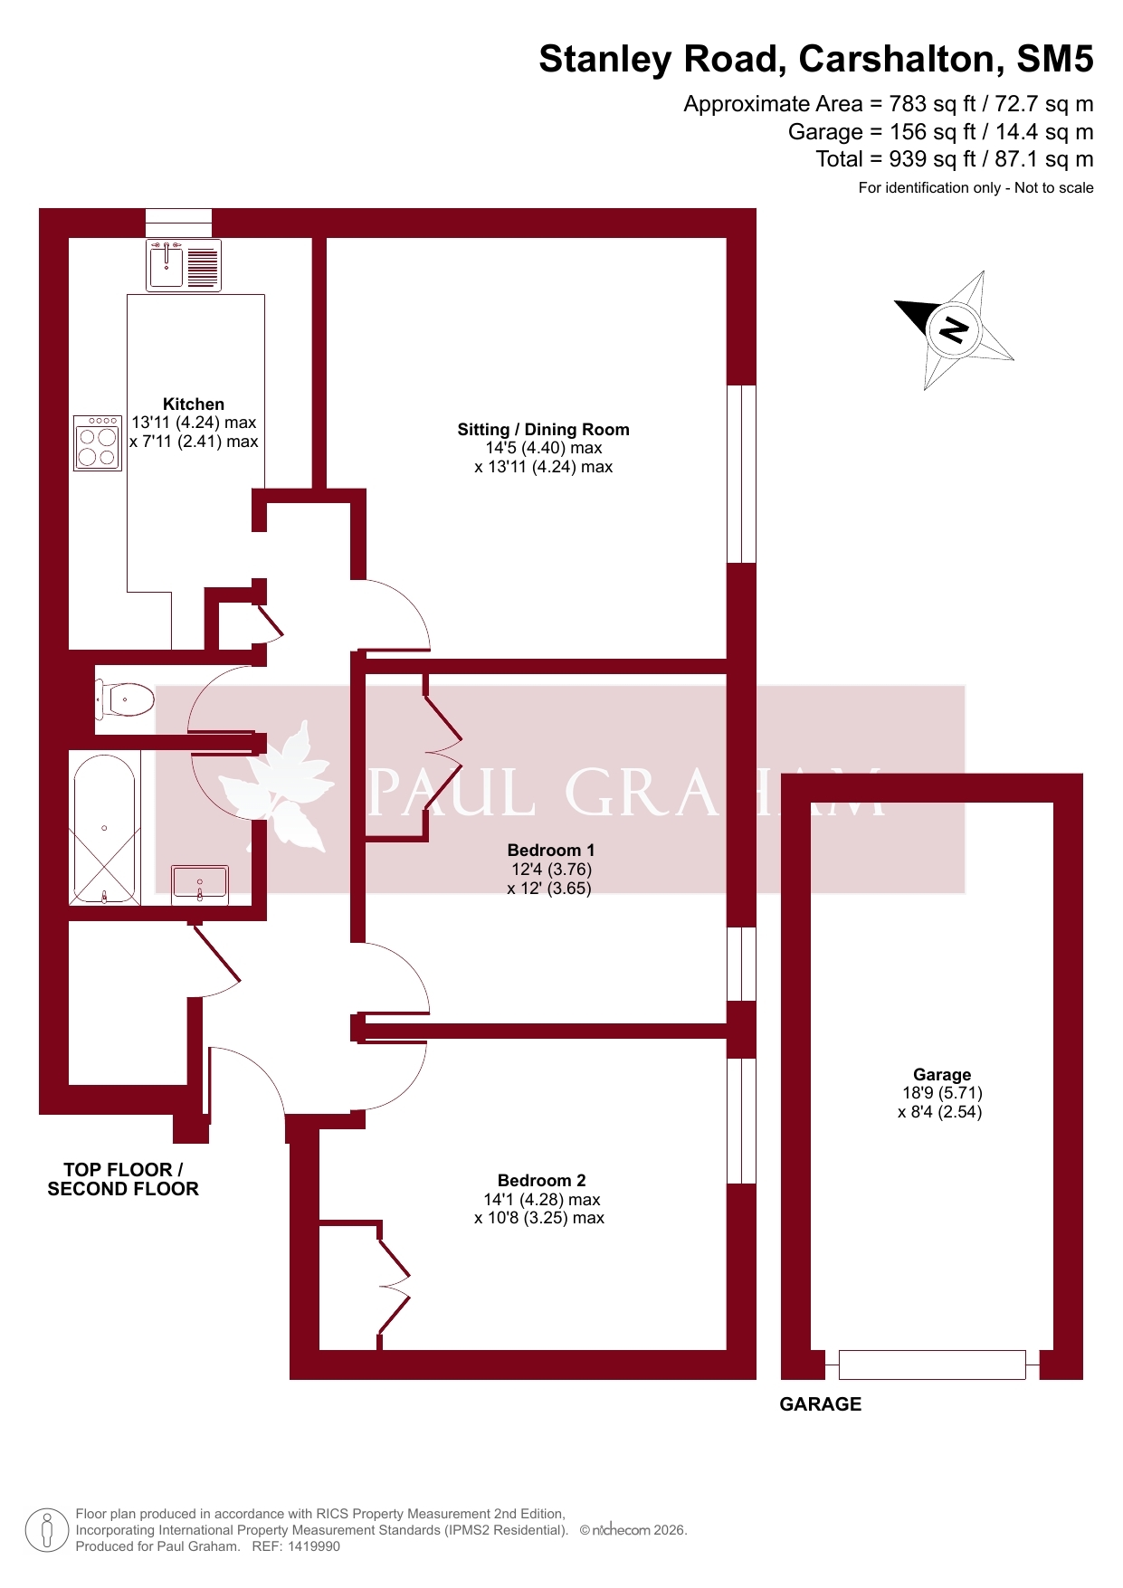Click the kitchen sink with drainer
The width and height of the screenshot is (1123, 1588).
[184, 265]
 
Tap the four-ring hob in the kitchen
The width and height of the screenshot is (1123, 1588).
[98, 442]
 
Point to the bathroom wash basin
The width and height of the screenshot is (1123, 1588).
[200, 883]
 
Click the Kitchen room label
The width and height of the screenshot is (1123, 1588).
[194, 404]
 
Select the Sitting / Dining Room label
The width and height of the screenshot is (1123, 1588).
[543, 430]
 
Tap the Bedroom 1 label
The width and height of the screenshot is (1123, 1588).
[551, 851]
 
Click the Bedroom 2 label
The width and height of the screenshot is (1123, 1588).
[542, 1181]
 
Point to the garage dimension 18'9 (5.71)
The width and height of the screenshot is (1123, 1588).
[942, 1093]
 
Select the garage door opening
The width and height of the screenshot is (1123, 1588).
[932, 1365]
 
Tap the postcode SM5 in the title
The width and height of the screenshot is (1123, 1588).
[1055, 59]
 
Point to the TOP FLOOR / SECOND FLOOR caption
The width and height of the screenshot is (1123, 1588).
[123, 1180]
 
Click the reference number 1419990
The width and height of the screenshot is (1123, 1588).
[314, 1546]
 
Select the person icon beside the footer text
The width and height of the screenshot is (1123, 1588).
[47, 1530]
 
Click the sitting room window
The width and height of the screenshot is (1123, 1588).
[742, 474]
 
